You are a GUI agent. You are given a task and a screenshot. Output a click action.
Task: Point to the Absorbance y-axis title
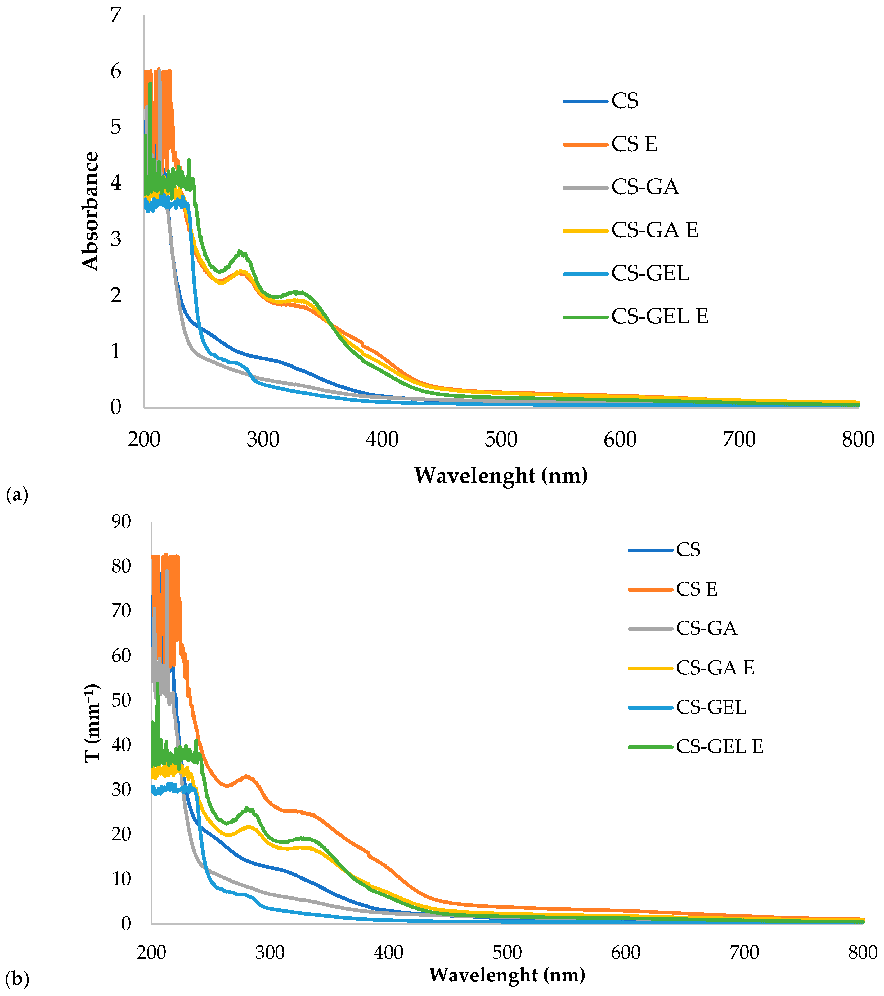tap(91, 211)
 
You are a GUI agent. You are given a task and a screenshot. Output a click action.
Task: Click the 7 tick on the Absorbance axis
tap(115, 15)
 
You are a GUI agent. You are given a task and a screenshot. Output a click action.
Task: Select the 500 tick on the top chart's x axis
tap(501, 440)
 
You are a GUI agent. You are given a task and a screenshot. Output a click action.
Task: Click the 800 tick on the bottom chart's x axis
tap(862, 952)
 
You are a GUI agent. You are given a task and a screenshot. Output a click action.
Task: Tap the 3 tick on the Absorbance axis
tap(115, 239)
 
